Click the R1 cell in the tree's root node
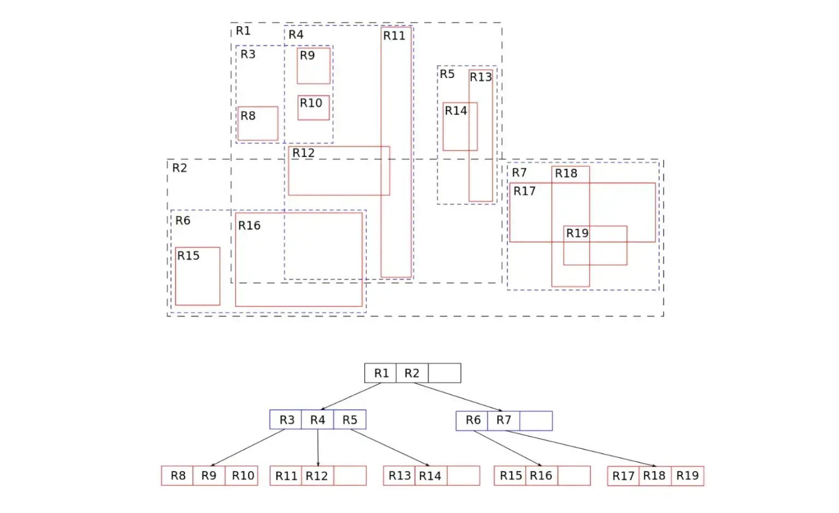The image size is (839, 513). (x=381, y=373)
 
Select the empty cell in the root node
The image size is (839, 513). (x=445, y=373)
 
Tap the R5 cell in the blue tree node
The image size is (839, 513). (x=350, y=420)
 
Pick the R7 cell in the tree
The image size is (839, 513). (x=504, y=421)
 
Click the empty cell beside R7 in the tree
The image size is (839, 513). (x=536, y=421)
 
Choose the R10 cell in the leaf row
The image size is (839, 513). (x=241, y=475)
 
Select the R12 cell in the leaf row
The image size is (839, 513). (x=317, y=475)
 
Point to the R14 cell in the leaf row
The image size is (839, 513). (x=431, y=475)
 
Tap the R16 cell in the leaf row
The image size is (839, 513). (x=542, y=475)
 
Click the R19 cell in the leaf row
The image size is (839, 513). (x=688, y=476)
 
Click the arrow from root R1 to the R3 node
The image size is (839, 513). (x=351, y=396)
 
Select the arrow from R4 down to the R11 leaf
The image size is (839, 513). (x=318, y=448)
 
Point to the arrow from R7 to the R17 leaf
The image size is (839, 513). (x=581, y=448)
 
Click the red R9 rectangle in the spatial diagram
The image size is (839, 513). (x=314, y=48)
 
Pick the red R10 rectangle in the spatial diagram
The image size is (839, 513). (x=314, y=96)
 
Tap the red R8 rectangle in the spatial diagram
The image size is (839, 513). (x=258, y=107)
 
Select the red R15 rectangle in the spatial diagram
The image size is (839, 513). (x=198, y=248)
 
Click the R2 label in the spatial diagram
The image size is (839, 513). (x=179, y=168)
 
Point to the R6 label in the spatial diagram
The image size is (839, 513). (x=183, y=221)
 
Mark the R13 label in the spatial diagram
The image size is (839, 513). (x=481, y=77)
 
